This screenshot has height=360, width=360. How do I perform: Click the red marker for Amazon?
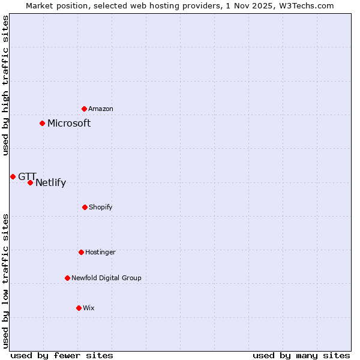click(84, 109)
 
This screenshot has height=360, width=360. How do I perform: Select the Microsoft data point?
click(42, 123)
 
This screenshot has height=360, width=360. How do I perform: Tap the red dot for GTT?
click(13, 176)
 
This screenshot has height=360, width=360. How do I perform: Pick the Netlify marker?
click(30, 182)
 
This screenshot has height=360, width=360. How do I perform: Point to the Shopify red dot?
click(85, 207)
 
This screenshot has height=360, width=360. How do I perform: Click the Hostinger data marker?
click(81, 252)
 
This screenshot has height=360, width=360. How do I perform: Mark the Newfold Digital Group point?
click(67, 278)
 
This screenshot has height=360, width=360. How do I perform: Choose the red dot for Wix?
click(79, 308)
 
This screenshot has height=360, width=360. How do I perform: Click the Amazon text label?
click(101, 109)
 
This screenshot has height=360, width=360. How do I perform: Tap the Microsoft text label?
click(69, 124)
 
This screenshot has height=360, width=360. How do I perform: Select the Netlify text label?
click(50, 183)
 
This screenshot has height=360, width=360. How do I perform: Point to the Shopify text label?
click(101, 208)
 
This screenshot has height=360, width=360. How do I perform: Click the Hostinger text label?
click(100, 253)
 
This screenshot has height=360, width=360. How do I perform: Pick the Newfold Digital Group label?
click(106, 278)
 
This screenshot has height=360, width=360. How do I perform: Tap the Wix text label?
click(89, 308)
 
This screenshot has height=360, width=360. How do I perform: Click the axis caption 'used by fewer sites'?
click(62, 355)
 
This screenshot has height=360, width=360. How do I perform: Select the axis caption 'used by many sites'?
click(301, 355)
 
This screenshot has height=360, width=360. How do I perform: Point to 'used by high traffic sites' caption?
click(6, 85)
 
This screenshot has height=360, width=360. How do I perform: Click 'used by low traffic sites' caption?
click(6, 281)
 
